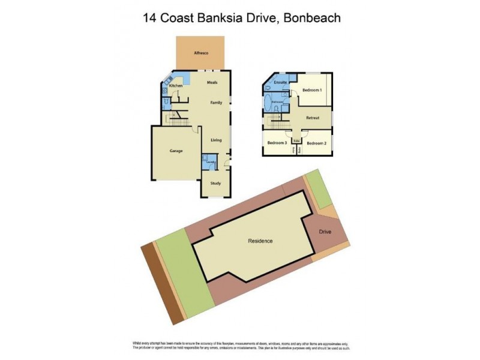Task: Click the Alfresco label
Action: (200, 53)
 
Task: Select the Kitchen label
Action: (175, 86)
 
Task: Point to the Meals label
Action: (212, 83)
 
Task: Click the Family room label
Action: (216, 103)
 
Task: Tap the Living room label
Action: (215, 140)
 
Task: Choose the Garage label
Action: (176, 151)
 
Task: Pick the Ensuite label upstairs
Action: (280, 82)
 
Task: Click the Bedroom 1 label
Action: (311, 90)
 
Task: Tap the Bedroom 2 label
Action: (316, 143)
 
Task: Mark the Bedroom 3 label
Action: (277, 143)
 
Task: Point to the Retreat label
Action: (313, 118)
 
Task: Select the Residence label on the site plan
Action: (260, 241)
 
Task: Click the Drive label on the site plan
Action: (325, 231)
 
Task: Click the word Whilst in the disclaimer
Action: (138, 343)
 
